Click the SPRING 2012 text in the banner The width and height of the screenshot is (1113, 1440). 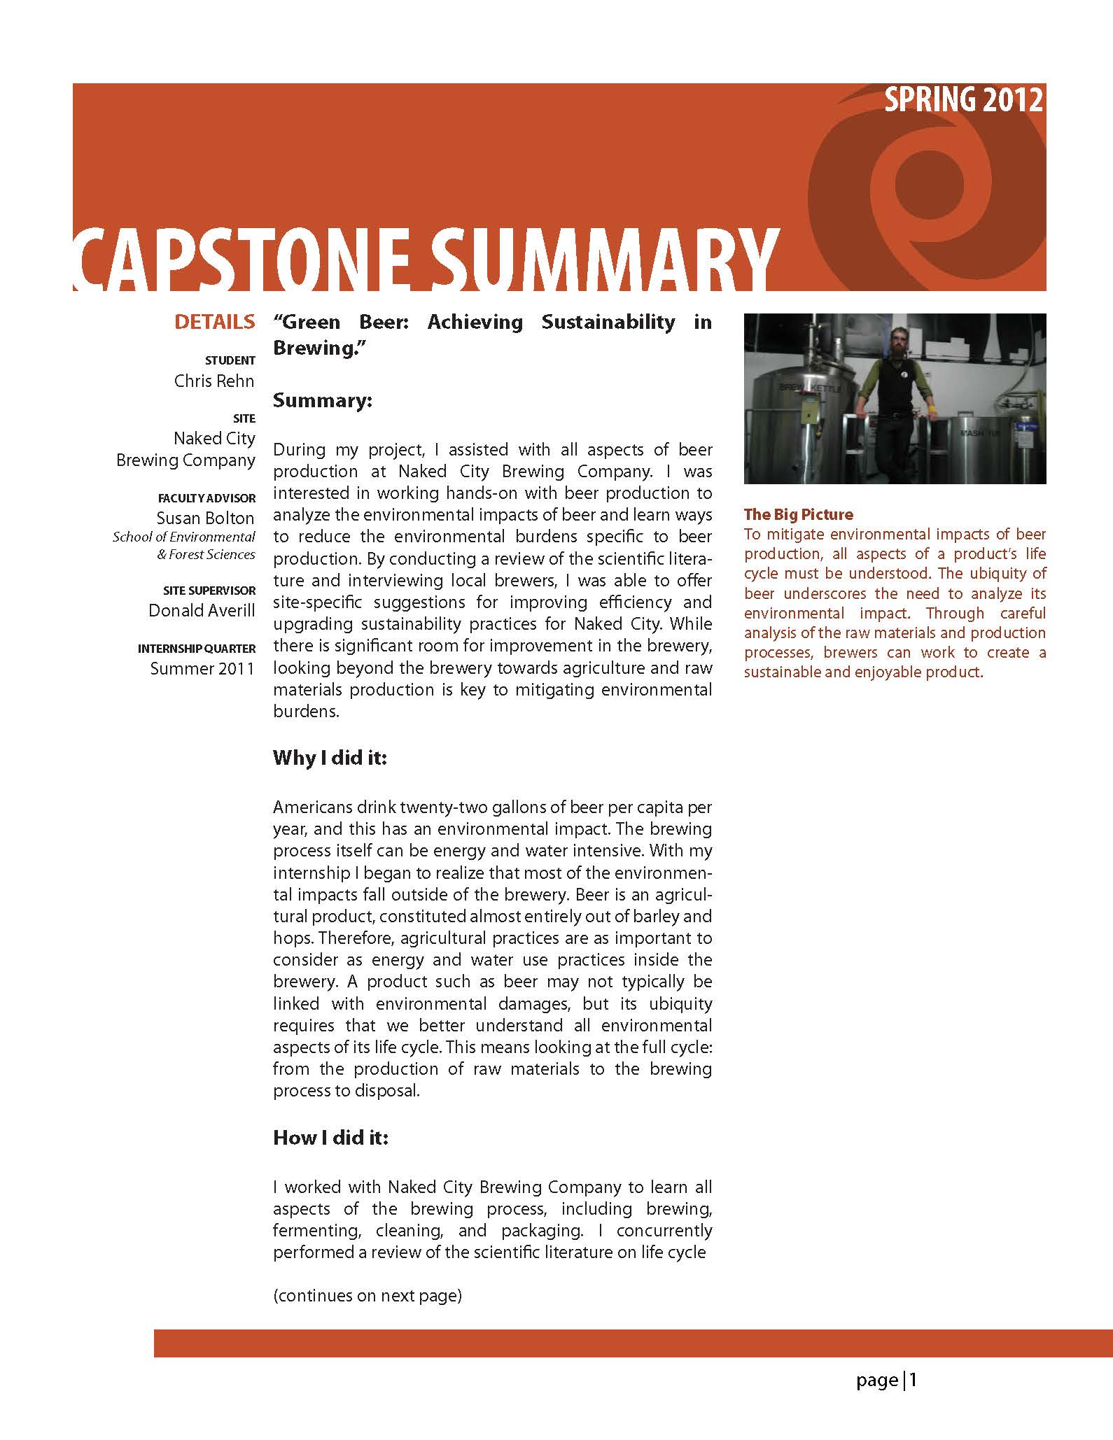(963, 101)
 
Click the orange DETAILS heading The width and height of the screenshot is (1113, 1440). (215, 322)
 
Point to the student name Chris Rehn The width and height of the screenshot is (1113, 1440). (214, 381)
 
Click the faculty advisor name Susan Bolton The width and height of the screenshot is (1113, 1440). (205, 518)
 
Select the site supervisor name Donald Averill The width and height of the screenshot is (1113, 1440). (202, 610)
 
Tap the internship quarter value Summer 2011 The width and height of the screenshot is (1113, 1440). (202, 668)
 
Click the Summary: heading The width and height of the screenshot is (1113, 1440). (322, 401)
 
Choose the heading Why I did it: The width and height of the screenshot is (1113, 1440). (330, 758)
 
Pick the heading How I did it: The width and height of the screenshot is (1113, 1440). (330, 1138)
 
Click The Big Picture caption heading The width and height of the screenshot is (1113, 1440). (798, 514)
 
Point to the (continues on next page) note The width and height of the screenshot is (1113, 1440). (367, 1295)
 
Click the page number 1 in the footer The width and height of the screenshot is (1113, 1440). (913, 1381)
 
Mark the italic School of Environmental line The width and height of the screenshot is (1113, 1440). (183, 537)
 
